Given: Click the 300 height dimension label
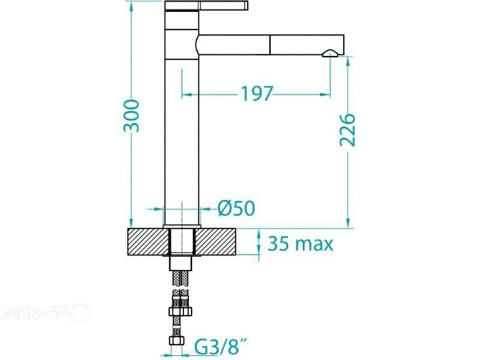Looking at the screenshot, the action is pos(131,116).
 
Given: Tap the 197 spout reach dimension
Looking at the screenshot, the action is pos(256,94).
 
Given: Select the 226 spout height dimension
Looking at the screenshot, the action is pos(347,130).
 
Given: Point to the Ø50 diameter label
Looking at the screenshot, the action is pos(236,208).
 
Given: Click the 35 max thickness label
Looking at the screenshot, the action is pos(301,244).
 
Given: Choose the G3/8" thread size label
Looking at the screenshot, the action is pos(221,347).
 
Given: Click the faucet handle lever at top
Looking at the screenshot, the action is pos(206,6).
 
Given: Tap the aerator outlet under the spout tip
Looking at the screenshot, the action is pos(330,54).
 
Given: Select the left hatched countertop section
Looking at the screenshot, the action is pos(148,242).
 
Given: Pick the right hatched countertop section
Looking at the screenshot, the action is pos(216,242).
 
